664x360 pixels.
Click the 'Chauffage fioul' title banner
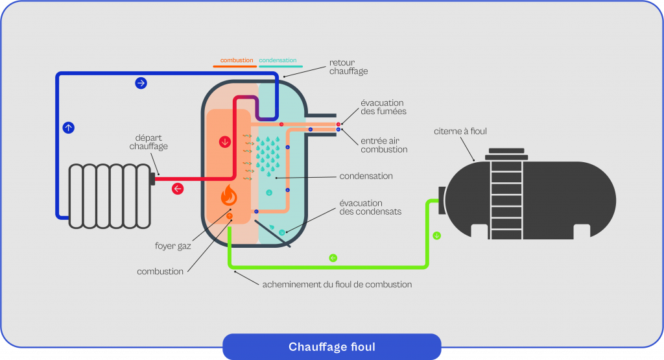(x=331, y=347)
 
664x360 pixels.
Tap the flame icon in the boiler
(x=229, y=195)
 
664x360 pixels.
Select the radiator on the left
(x=111, y=195)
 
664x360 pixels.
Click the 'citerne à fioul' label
(x=460, y=132)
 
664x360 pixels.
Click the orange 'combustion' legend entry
(x=236, y=60)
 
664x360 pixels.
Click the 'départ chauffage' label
(x=148, y=142)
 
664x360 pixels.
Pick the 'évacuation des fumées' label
(x=383, y=107)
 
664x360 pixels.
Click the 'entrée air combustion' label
(x=384, y=145)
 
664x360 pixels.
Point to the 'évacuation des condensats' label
(x=370, y=207)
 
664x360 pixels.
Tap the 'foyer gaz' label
(x=173, y=246)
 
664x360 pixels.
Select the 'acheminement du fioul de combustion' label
(x=337, y=284)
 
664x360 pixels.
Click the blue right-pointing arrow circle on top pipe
(x=141, y=83)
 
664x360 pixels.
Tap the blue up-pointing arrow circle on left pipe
(x=68, y=128)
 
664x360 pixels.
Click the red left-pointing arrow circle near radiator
(x=177, y=189)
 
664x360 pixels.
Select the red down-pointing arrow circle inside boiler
(x=225, y=141)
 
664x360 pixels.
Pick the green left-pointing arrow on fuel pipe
(x=333, y=258)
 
